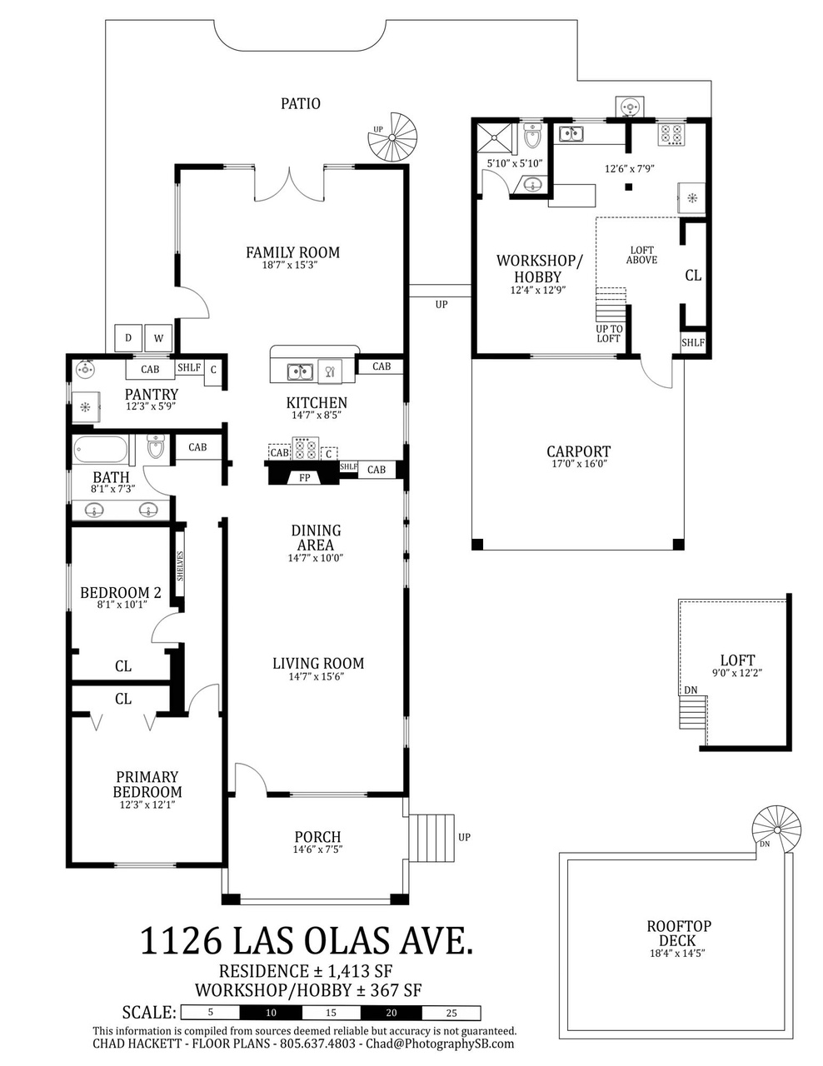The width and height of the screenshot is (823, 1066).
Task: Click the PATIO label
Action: (300, 103)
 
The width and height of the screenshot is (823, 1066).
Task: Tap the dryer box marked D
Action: (128, 338)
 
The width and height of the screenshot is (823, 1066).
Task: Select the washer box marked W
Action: (158, 338)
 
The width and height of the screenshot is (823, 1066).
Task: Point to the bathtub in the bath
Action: (101, 449)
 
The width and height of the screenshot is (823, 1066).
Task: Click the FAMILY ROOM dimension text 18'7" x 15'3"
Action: (293, 266)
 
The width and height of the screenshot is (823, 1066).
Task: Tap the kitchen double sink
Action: (300, 371)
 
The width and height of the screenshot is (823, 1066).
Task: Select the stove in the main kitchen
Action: (305, 448)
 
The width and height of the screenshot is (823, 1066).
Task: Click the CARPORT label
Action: (579, 451)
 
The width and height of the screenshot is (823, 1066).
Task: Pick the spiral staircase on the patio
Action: (392, 138)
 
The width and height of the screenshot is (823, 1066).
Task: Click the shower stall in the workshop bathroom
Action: (495, 137)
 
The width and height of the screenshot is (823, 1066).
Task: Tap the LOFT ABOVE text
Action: (641, 255)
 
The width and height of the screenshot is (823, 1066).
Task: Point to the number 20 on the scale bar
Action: (391, 1013)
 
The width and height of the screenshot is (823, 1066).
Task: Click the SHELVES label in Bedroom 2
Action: (180, 565)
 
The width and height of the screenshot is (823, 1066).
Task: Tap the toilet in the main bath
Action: (155, 446)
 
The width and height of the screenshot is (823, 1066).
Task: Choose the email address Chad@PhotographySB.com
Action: (440, 1043)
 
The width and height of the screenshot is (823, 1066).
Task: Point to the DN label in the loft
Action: (691, 690)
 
